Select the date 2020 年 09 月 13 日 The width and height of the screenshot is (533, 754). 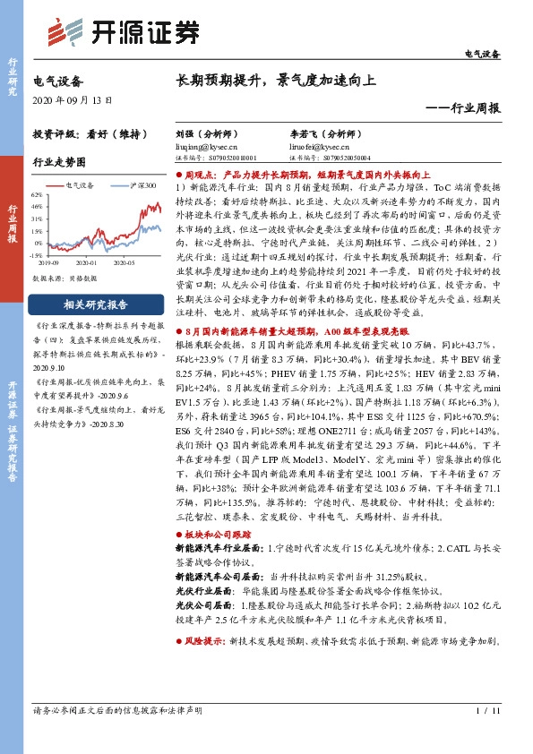click(x=73, y=99)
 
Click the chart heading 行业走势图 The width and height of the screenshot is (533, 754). click(x=59, y=163)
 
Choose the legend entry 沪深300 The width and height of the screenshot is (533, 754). click(x=142, y=184)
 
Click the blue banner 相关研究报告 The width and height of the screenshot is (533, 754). click(x=95, y=303)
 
